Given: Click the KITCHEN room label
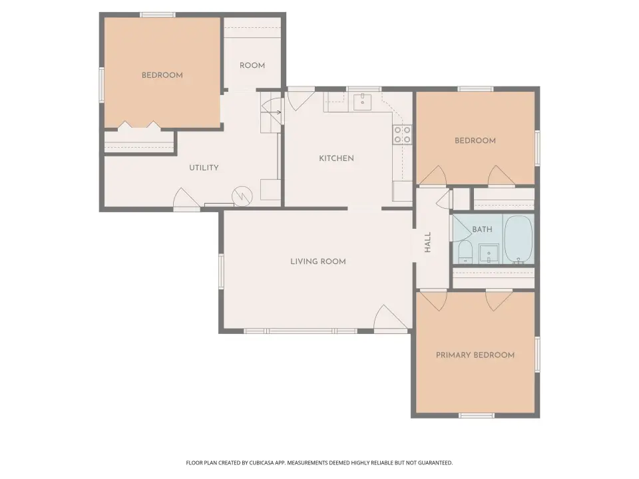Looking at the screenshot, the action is click(x=336, y=158).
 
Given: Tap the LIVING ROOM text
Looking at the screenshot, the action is click(x=318, y=261).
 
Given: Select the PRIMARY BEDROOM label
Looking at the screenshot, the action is click(x=475, y=355).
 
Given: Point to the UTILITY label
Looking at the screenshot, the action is click(x=204, y=168).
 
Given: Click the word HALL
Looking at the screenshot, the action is click(x=428, y=242).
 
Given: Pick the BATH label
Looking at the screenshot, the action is click(x=482, y=230).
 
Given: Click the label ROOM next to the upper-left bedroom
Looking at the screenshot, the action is click(x=252, y=66).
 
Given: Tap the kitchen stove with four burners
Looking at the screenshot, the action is click(x=402, y=134).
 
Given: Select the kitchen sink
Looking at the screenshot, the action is click(x=362, y=102).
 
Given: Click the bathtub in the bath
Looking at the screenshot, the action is click(x=519, y=239).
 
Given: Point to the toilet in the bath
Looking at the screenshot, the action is click(x=465, y=253).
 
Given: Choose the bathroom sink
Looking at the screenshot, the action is click(x=489, y=254).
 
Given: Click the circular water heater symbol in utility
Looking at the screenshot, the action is click(x=242, y=196).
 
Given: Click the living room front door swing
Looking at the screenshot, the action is click(x=391, y=319).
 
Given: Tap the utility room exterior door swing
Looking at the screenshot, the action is click(x=186, y=199).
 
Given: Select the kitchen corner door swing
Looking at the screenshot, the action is click(x=301, y=100).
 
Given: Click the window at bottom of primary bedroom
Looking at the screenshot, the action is click(x=477, y=415).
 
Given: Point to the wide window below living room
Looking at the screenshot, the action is click(x=301, y=331).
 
